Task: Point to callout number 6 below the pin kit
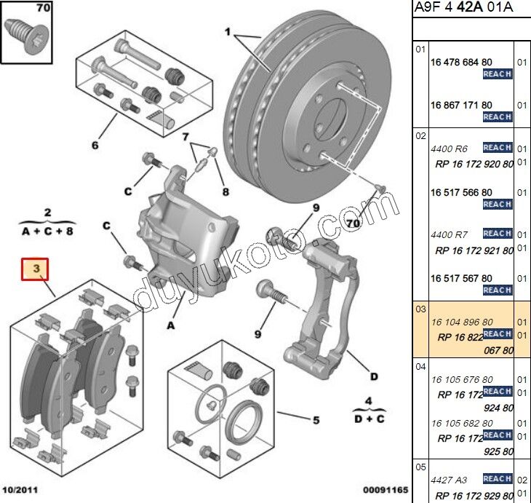click(95, 145)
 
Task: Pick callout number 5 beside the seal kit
click(316, 419)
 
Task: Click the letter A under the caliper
click(171, 325)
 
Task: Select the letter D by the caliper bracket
click(373, 376)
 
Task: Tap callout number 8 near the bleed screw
click(225, 192)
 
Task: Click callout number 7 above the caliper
click(185, 136)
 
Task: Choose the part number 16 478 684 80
click(461, 63)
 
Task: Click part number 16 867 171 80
click(461, 105)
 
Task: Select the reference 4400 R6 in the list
click(450, 148)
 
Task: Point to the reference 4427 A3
click(450, 480)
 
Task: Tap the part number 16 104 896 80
click(462, 322)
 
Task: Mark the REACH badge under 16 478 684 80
click(497, 74)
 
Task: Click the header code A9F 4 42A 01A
click(463, 8)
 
